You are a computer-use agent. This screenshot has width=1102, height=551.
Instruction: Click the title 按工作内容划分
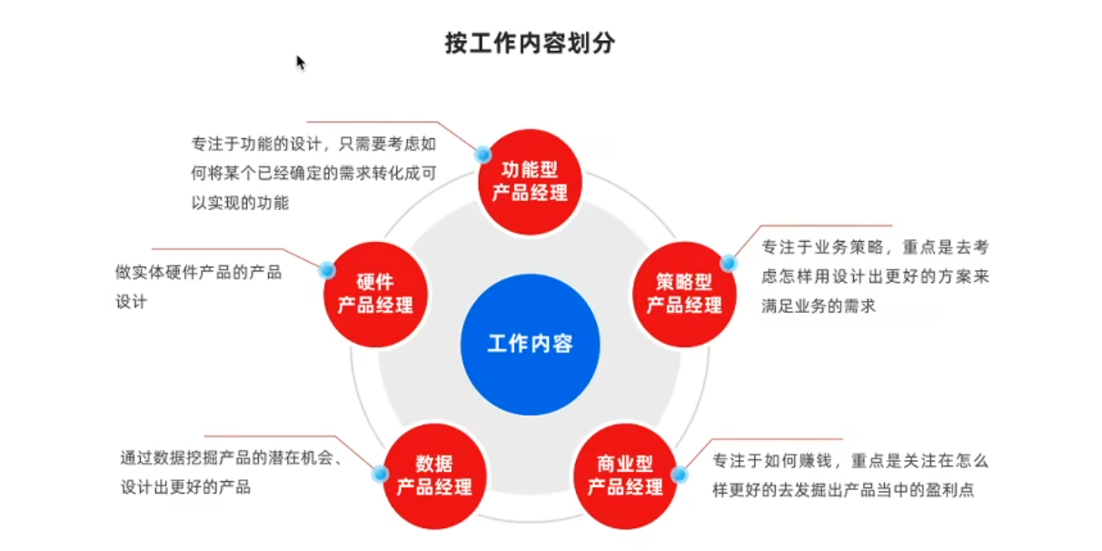pyautogui.click(x=530, y=43)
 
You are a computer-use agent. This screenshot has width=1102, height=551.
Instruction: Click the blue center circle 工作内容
pyautogui.click(x=530, y=344)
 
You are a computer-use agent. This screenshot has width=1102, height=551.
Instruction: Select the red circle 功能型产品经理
pyautogui.click(x=530, y=180)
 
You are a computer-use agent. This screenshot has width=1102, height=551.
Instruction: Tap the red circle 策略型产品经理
pyautogui.click(x=684, y=293)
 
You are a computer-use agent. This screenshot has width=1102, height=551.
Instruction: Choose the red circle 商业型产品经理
pyautogui.click(x=625, y=476)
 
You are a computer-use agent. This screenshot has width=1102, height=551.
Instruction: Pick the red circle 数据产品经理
pyautogui.click(x=434, y=475)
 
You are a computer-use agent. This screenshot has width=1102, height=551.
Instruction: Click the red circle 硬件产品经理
pyautogui.click(x=375, y=293)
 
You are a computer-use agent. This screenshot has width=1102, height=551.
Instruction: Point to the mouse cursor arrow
pyautogui.click(x=300, y=62)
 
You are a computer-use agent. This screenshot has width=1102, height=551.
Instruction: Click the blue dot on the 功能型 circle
pyautogui.click(x=483, y=155)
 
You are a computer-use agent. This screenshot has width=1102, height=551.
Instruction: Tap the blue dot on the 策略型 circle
pyautogui.click(x=729, y=264)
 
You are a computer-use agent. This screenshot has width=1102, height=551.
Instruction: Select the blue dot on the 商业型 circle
pyautogui.click(x=680, y=474)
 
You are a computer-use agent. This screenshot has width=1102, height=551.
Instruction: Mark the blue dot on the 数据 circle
pyautogui.click(x=381, y=473)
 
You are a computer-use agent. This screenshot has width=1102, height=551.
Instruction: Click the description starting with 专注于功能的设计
pyautogui.click(x=313, y=173)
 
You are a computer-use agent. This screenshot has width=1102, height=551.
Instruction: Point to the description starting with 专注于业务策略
pyautogui.click(x=874, y=277)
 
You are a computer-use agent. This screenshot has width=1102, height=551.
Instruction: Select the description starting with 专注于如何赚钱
pyautogui.click(x=849, y=475)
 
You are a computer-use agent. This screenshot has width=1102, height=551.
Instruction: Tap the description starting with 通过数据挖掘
pyautogui.click(x=232, y=472)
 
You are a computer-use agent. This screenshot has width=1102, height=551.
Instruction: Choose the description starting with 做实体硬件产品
pyautogui.click(x=198, y=286)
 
